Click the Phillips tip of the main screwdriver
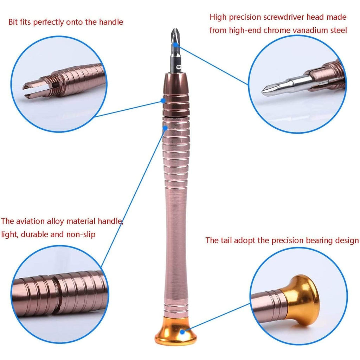click(x=174, y=35)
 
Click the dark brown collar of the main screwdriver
click(x=175, y=84)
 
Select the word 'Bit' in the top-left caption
click(x=14, y=22)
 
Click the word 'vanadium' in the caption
click(x=309, y=30)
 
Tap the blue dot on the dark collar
click(x=163, y=100)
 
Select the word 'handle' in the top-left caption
click(x=110, y=22)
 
